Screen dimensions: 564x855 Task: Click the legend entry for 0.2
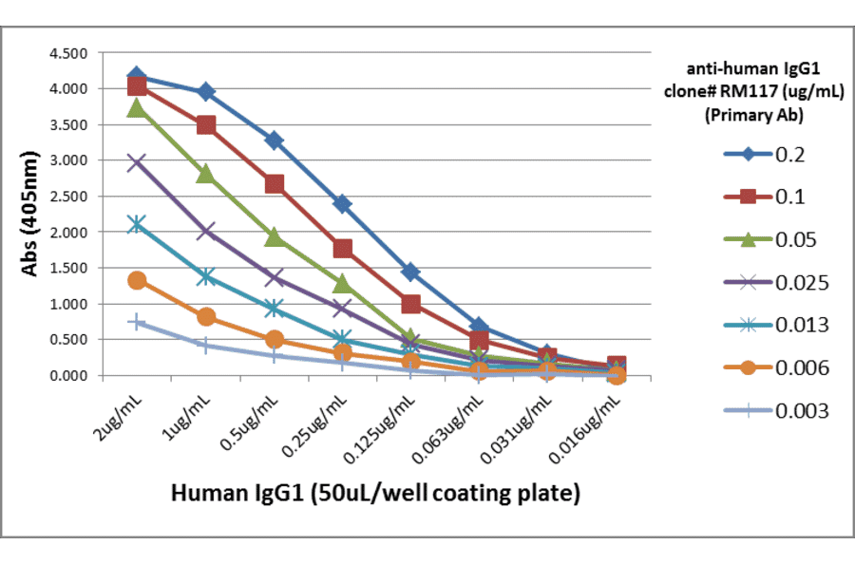(765, 154)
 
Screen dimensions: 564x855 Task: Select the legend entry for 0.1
(765, 197)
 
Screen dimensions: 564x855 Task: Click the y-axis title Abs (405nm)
(29, 213)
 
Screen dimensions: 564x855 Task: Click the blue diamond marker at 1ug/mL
(205, 92)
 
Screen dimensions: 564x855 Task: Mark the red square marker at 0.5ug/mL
(274, 184)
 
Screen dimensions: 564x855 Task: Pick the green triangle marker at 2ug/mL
(137, 108)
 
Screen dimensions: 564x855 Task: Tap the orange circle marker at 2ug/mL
(137, 280)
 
